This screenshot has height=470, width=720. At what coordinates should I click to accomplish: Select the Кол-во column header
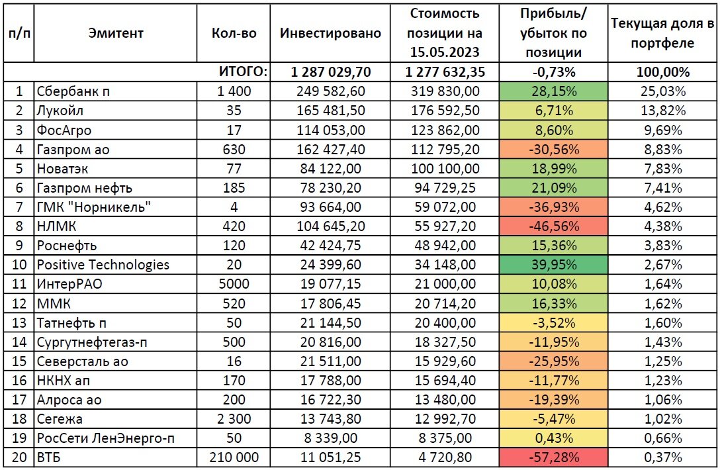(234, 33)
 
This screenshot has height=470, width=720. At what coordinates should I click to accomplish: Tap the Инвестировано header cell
(330, 33)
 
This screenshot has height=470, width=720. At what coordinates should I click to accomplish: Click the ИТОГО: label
(244, 72)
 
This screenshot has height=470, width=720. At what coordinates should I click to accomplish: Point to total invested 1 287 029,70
(330, 72)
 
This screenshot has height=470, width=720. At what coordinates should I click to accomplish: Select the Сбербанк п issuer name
(74, 91)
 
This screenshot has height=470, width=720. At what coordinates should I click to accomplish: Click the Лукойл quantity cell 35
(234, 111)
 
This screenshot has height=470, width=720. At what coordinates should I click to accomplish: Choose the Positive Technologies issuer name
(104, 265)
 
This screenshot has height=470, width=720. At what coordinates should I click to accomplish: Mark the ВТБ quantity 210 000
(234, 456)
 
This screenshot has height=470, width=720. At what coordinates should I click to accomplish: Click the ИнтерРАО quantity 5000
(234, 284)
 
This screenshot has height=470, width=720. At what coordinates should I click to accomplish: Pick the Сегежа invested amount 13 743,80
(330, 418)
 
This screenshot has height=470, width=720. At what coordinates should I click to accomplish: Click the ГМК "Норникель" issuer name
(95, 207)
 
